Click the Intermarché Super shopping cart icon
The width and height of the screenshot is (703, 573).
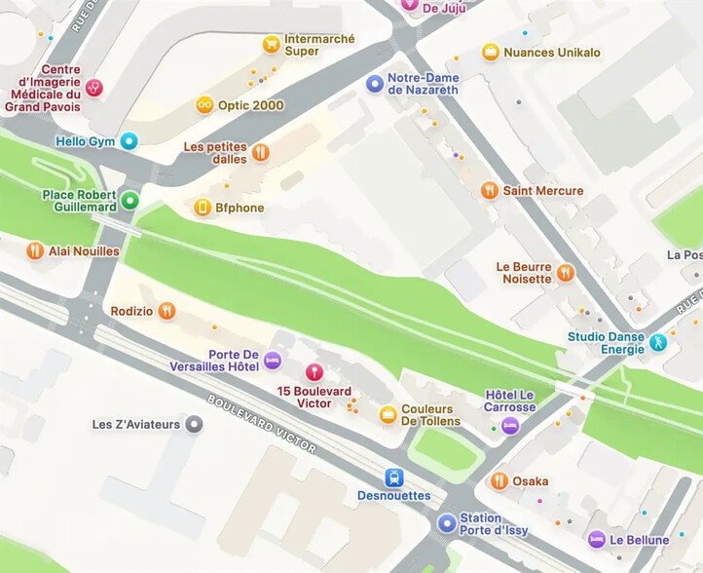coord(271,44)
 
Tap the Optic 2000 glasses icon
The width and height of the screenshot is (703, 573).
coord(204,104)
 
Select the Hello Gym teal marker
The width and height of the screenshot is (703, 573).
coord(129,141)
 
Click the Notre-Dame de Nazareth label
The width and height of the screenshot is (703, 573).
coord(423,84)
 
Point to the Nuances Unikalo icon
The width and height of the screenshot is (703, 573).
coord(491,52)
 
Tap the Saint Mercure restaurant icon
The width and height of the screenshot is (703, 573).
coord(490,190)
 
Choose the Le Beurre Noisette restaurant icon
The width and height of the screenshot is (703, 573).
coord(566,272)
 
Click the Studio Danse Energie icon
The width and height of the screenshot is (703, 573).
coord(659,342)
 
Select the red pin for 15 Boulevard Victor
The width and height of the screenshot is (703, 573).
coord(314,371)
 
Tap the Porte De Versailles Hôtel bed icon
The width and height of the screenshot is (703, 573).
coord(273,360)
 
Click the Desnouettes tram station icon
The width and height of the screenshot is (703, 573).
coord(393,477)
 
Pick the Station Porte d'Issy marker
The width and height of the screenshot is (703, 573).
coord(446,523)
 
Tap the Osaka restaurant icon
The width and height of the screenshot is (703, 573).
coord(499,480)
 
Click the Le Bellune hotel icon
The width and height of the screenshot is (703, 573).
coord(596,539)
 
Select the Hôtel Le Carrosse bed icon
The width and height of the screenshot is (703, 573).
coord(510,426)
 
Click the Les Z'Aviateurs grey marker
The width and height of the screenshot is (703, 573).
coord(195,424)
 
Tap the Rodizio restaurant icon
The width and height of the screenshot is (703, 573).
coord(167,310)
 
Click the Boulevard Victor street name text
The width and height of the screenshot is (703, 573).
coord(261,424)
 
